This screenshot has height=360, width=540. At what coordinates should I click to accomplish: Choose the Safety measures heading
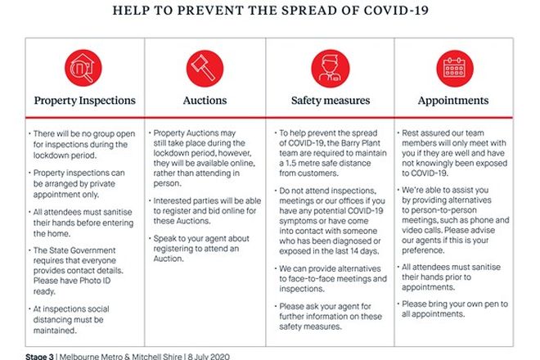coord(330,101)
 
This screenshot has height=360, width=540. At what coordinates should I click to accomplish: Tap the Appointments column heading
coord(452,101)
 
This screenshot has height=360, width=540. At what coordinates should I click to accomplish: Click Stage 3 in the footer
coord(40,355)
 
